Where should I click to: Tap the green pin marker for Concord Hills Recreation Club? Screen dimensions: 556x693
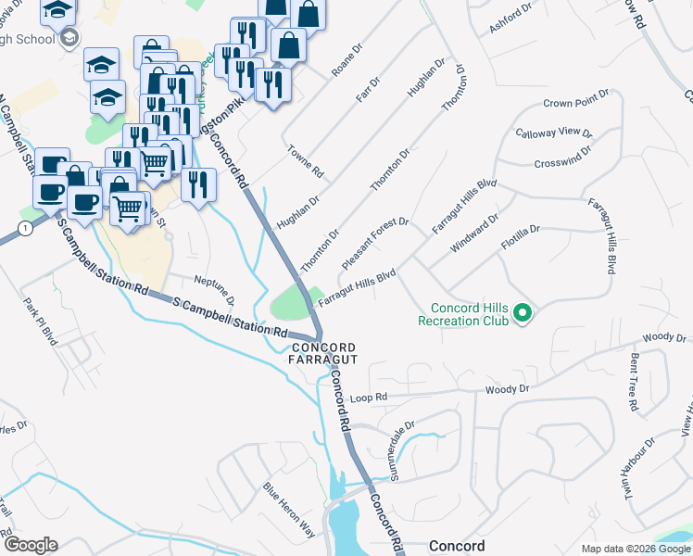pyautogui.click(x=523, y=314)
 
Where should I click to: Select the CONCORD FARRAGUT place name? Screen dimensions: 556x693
pyautogui.click(x=323, y=355)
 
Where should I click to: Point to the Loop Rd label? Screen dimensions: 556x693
pyautogui.click(x=367, y=398)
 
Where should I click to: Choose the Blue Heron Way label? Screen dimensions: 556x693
pyautogui.click(x=289, y=510)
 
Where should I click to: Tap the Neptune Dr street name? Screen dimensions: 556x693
pyautogui.click(x=215, y=290)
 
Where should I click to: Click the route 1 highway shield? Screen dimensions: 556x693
pyautogui.click(x=23, y=227)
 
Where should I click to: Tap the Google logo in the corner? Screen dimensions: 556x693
pyautogui.click(x=30, y=545)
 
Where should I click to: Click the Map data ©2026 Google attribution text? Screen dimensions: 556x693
pyautogui.click(x=635, y=549)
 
